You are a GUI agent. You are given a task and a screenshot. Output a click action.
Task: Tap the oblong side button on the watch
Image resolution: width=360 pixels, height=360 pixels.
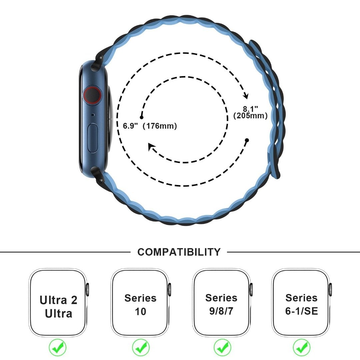click(x=93, y=138)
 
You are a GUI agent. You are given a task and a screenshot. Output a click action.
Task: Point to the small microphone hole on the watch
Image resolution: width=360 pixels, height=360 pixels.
click(x=93, y=115)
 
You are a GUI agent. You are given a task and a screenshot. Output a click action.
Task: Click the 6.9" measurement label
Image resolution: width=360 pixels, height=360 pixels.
click(x=130, y=126)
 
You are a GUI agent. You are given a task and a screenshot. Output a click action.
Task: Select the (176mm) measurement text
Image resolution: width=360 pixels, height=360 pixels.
click(x=160, y=126)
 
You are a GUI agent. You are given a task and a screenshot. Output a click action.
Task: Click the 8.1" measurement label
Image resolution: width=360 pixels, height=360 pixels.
click(x=250, y=108)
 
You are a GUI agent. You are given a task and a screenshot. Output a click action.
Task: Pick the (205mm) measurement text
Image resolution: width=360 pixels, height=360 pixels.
click(x=250, y=115)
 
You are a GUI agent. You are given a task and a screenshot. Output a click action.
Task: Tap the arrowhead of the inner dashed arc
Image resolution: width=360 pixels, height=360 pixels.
click(x=151, y=147)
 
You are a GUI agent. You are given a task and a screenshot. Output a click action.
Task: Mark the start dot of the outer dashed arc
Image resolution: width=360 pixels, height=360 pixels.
click(x=247, y=140)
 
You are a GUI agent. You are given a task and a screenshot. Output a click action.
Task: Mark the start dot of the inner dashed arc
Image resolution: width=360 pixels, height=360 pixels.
click(x=141, y=117)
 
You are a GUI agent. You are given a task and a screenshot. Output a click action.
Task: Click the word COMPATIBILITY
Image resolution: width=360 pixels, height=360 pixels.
click(x=179, y=252)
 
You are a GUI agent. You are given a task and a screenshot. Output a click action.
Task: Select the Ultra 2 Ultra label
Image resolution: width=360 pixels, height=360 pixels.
click(x=58, y=307)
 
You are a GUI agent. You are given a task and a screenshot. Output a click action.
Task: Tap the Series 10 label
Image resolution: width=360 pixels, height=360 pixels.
click(x=140, y=305)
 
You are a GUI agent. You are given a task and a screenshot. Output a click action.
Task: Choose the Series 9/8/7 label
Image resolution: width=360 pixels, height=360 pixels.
click(x=221, y=304)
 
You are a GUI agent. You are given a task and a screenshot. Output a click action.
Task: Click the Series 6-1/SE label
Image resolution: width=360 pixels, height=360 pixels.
click(x=301, y=304)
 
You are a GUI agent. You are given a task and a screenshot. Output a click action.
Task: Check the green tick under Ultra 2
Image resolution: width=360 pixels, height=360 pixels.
click(x=58, y=347)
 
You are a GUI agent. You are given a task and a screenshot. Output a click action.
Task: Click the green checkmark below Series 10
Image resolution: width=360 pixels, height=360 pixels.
click(x=141, y=347)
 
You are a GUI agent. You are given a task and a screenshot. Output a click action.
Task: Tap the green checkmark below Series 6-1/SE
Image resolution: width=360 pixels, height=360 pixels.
click(x=301, y=347)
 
